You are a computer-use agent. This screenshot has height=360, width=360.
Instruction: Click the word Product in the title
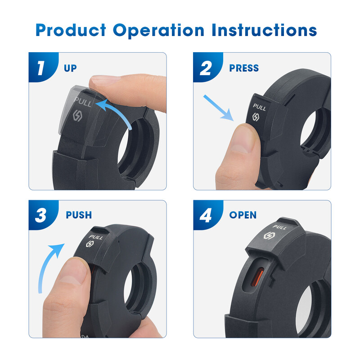point(71,31)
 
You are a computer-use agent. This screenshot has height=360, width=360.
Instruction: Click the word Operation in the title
point(158,31)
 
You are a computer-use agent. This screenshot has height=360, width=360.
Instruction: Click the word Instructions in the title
point(264,31)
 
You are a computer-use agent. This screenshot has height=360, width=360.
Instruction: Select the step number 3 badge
point(41,215)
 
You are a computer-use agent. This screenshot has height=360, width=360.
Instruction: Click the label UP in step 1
point(70,68)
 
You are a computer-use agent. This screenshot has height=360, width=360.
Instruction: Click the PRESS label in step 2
point(244,68)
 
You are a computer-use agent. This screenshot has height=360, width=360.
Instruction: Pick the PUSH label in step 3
point(79,215)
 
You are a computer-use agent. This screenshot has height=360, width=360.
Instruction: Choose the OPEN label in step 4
point(243,215)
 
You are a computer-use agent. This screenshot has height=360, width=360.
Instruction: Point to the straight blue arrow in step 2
point(218,108)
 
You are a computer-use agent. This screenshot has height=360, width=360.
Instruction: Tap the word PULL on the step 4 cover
point(279,228)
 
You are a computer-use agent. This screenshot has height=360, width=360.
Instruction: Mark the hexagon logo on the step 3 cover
point(90,244)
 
